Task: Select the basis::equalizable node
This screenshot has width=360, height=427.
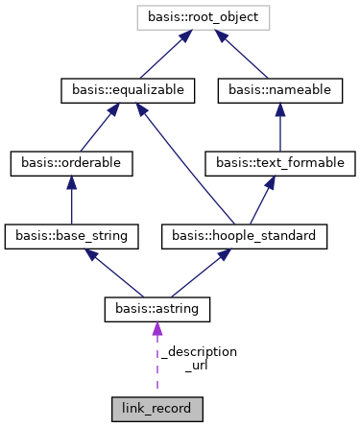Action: [128, 90]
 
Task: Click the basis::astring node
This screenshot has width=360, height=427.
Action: [156, 308]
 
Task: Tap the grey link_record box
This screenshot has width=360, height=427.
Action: [156, 410]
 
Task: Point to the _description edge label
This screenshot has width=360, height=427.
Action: [199, 352]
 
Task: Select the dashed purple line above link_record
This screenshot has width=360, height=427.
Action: [156, 369]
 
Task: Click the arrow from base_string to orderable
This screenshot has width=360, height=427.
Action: [71, 200]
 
